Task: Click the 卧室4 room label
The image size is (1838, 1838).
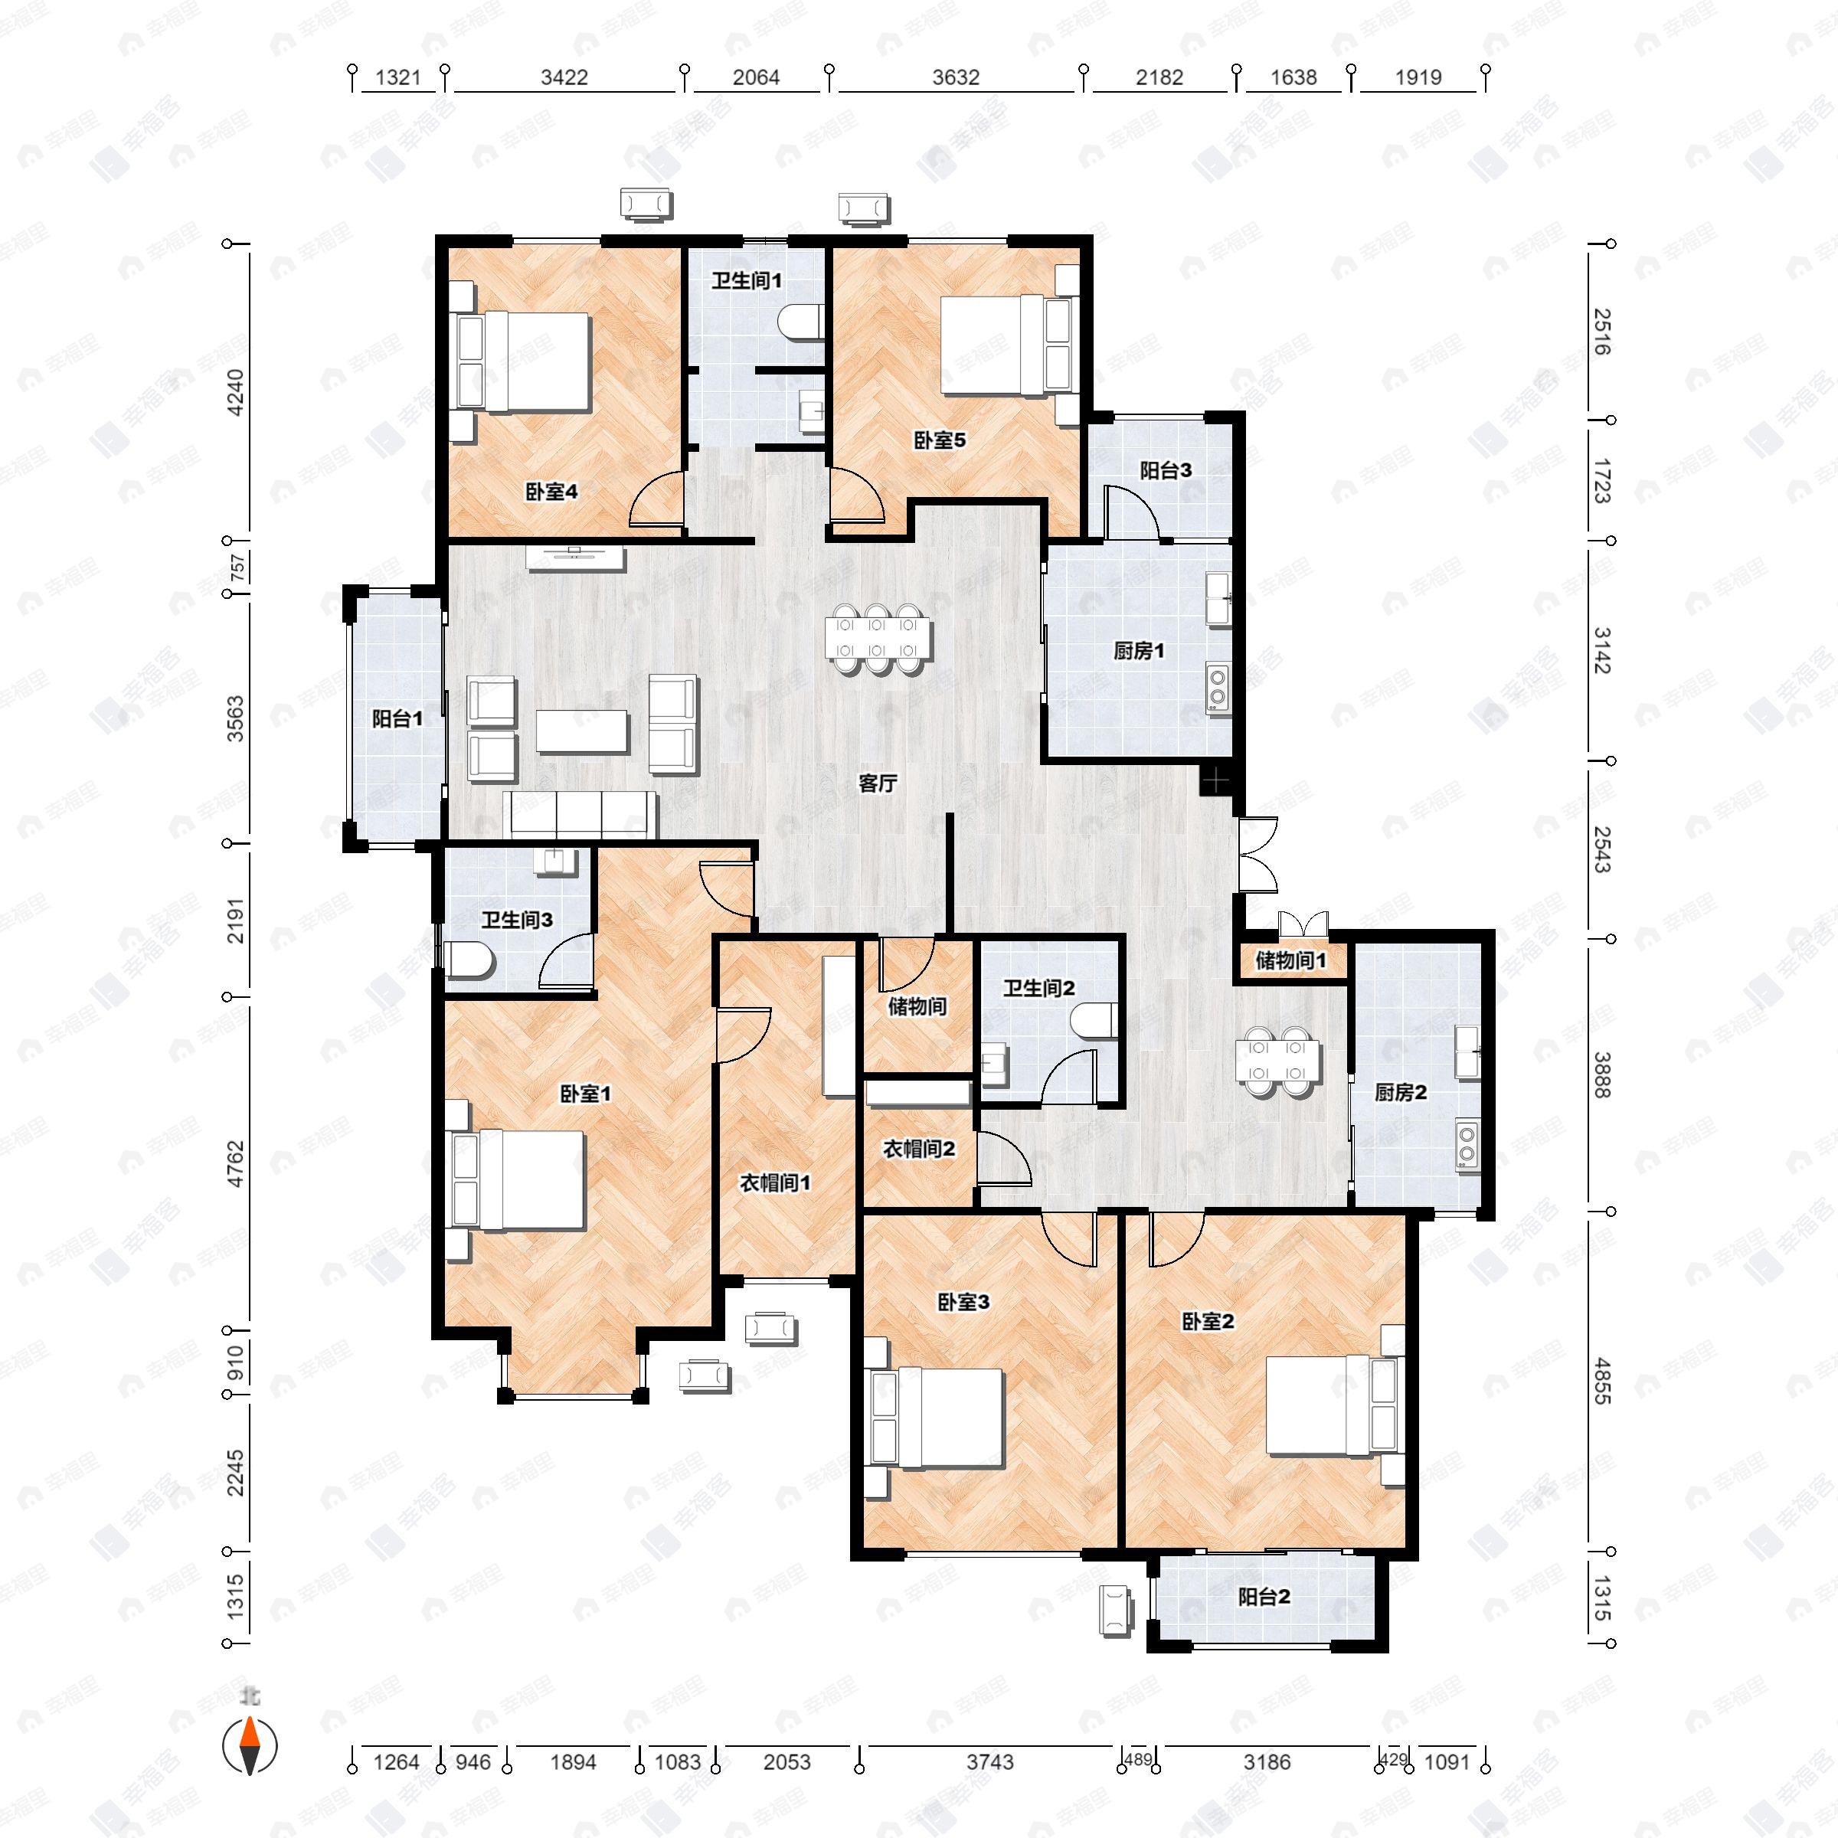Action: point(551,492)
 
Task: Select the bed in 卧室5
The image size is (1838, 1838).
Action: point(1009,345)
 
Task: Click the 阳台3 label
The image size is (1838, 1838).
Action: point(1166,470)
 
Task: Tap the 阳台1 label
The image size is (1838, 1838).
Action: point(396,719)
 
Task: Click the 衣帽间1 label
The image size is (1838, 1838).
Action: point(775,1183)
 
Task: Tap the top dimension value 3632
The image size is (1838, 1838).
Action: point(955,78)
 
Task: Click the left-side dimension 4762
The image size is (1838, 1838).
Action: point(235,1163)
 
